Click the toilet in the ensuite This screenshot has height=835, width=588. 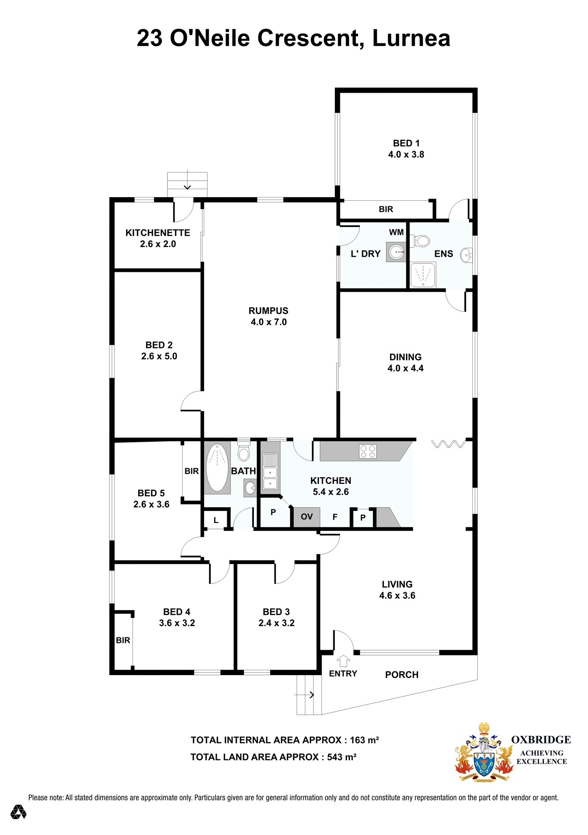click(x=421, y=241)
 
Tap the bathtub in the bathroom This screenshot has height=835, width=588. click(x=217, y=468)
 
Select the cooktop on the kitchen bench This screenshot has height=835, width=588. click(x=368, y=451)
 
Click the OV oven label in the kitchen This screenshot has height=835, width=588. click(x=307, y=516)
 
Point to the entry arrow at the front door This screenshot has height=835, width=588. click(x=343, y=661)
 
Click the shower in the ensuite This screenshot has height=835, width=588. click(x=423, y=275)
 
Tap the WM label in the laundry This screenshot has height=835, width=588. click(x=396, y=232)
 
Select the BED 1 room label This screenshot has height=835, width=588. click(x=406, y=143)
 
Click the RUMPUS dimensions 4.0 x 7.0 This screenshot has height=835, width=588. click(x=269, y=322)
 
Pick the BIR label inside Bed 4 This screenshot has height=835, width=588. click(x=123, y=640)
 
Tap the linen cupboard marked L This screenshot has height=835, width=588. click(x=216, y=520)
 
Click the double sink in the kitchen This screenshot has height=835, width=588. click(x=270, y=478)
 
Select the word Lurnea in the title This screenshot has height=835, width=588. click(x=411, y=38)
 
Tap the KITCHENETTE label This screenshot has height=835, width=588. click(x=158, y=233)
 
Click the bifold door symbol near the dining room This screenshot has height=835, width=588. click(x=448, y=444)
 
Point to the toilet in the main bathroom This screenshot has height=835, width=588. click(x=243, y=451)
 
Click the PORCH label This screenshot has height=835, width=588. click(x=402, y=675)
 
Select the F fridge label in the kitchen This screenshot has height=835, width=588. click(x=335, y=517)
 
